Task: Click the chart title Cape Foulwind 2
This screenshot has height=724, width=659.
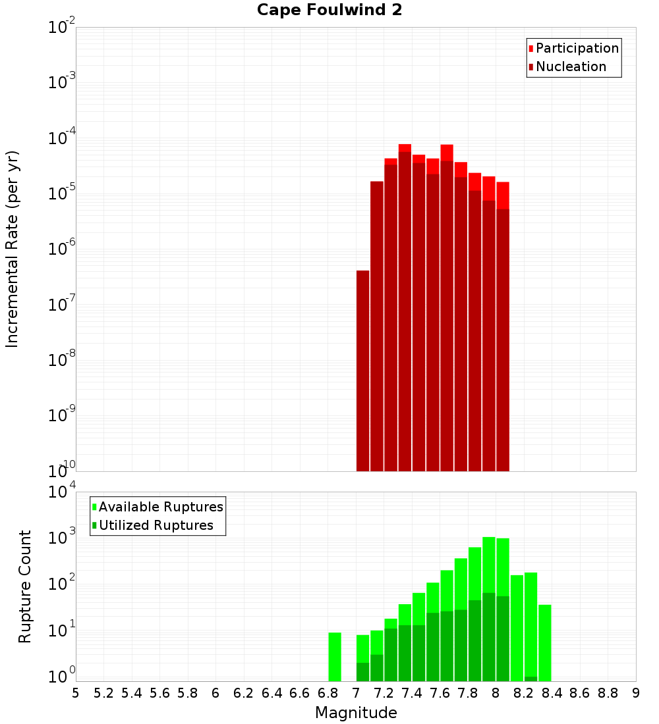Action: (x=329, y=10)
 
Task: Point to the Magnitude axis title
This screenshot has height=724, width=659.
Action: (x=356, y=713)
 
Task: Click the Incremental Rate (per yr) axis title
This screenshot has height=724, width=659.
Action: (x=12, y=249)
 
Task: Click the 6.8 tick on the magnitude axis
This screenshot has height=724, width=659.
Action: (x=328, y=693)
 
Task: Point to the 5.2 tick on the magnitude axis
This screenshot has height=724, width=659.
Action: (x=103, y=693)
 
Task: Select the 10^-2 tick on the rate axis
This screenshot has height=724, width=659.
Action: (x=62, y=28)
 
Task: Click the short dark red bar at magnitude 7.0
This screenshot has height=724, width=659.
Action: (x=362, y=369)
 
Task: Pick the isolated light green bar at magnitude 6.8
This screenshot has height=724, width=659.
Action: (x=335, y=656)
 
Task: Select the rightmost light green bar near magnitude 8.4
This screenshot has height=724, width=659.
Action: (x=545, y=642)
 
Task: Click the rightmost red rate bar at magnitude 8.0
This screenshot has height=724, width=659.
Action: (x=503, y=329)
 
